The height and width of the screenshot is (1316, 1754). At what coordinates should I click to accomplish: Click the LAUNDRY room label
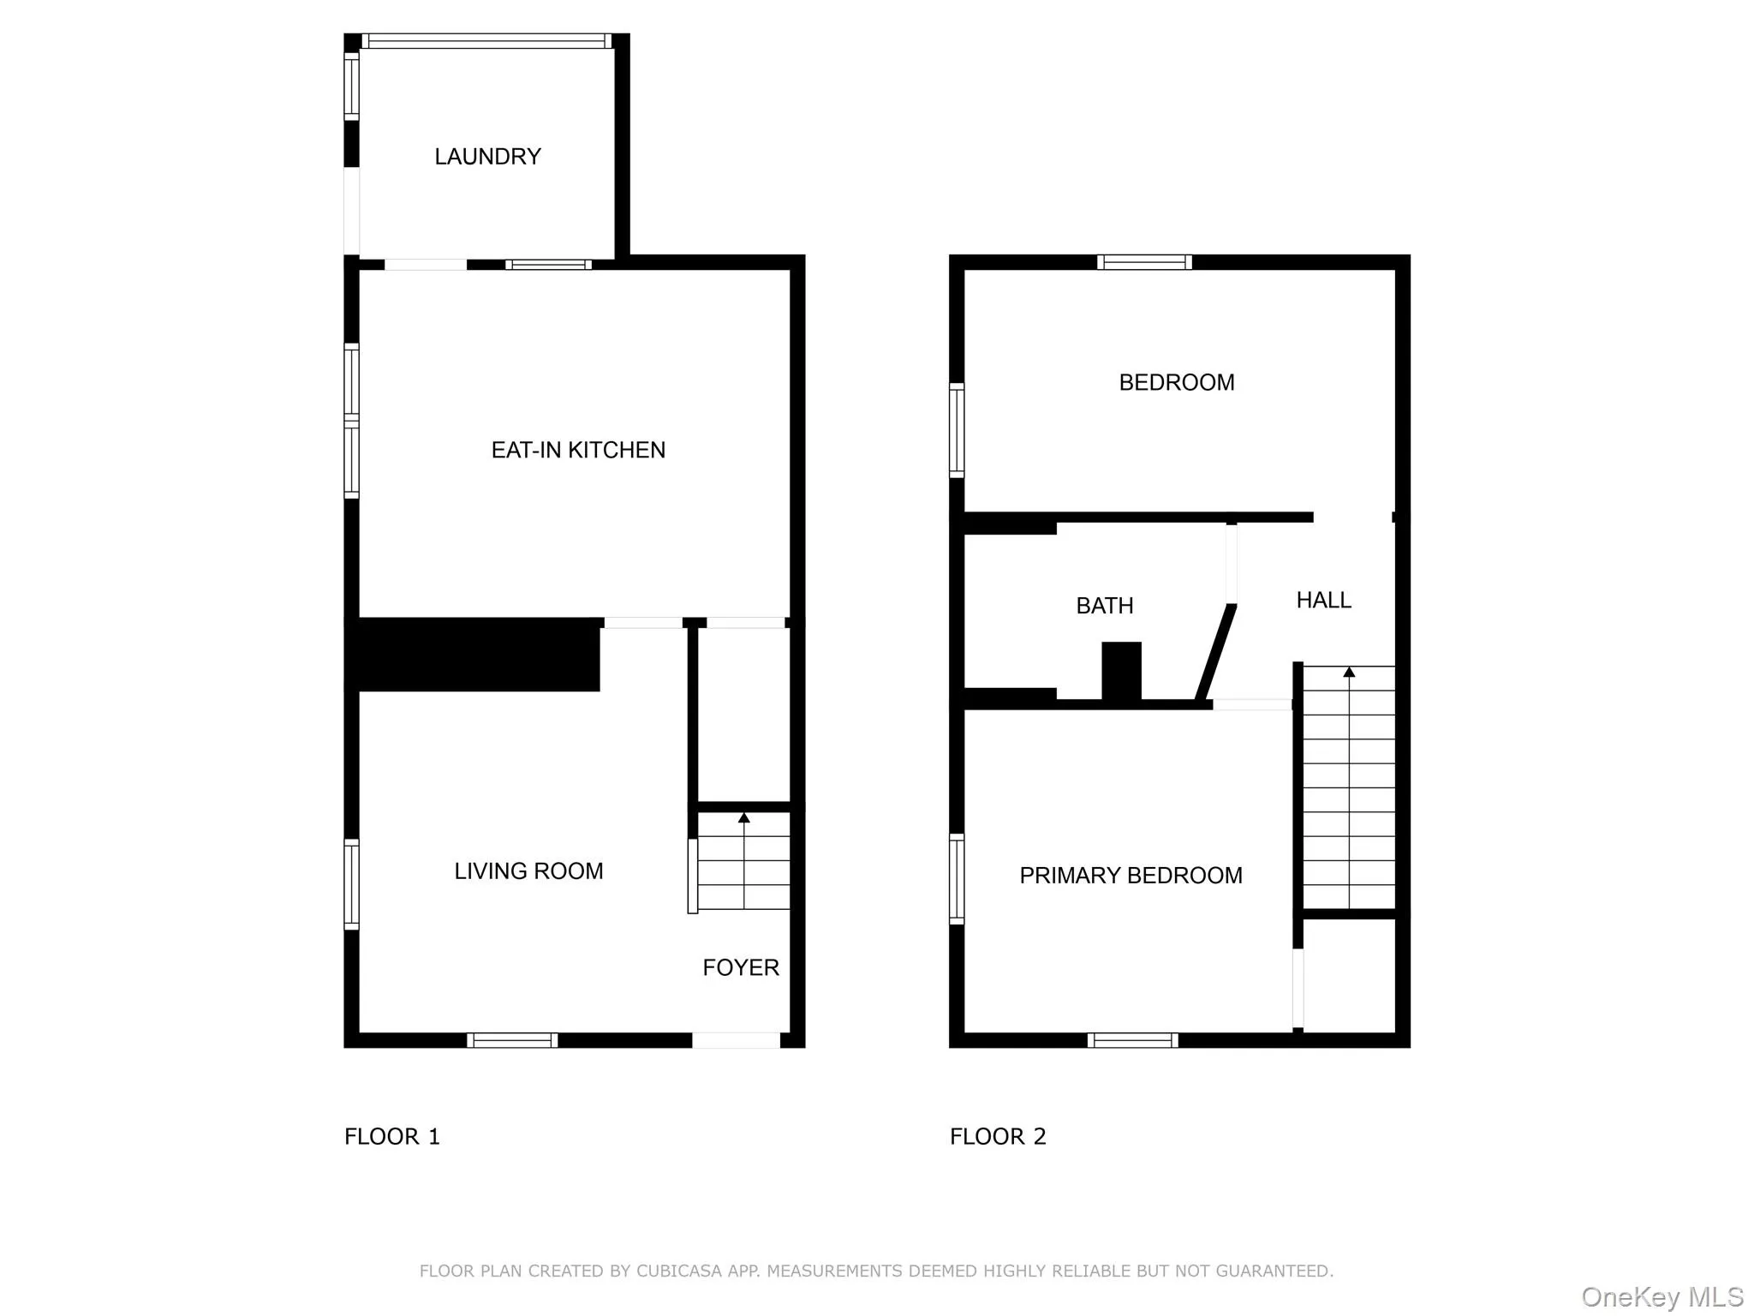click(x=487, y=157)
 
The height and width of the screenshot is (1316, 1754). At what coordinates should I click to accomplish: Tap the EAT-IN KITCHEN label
click(x=578, y=451)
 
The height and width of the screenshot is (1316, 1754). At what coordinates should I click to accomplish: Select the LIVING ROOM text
click(x=528, y=871)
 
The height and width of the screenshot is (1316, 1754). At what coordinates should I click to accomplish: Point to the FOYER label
click(x=741, y=968)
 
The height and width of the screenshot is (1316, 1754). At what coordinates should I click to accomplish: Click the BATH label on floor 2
click(x=1104, y=607)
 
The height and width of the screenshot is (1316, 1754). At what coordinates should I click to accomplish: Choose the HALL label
click(x=1323, y=601)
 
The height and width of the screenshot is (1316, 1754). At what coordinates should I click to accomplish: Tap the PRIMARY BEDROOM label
click(x=1131, y=876)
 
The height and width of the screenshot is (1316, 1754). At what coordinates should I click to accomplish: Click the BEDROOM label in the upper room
click(x=1176, y=383)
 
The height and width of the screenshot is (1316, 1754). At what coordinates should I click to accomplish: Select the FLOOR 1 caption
click(x=392, y=1137)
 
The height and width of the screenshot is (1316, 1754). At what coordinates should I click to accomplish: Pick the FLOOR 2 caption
click(x=998, y=1137)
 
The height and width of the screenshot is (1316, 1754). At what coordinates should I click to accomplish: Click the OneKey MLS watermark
click(x=1662, y=1297)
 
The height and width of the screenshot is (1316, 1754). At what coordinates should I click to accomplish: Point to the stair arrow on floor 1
click(x=743, y=819)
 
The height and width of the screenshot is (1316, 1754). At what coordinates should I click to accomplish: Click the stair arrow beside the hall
click(x=1349, y=673)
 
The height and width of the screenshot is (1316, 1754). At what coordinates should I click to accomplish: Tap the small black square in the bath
click(x=1121, y=671)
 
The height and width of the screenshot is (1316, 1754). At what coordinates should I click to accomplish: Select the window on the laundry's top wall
click(x=486, y=41)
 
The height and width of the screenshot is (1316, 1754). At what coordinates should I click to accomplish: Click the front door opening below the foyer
click(x=736, y=1040)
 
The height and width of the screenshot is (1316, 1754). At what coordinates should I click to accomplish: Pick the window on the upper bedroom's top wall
click(x=1144, y=262)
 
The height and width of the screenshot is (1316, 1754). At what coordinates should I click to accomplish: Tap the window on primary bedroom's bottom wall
click(x=1132, y=1040)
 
